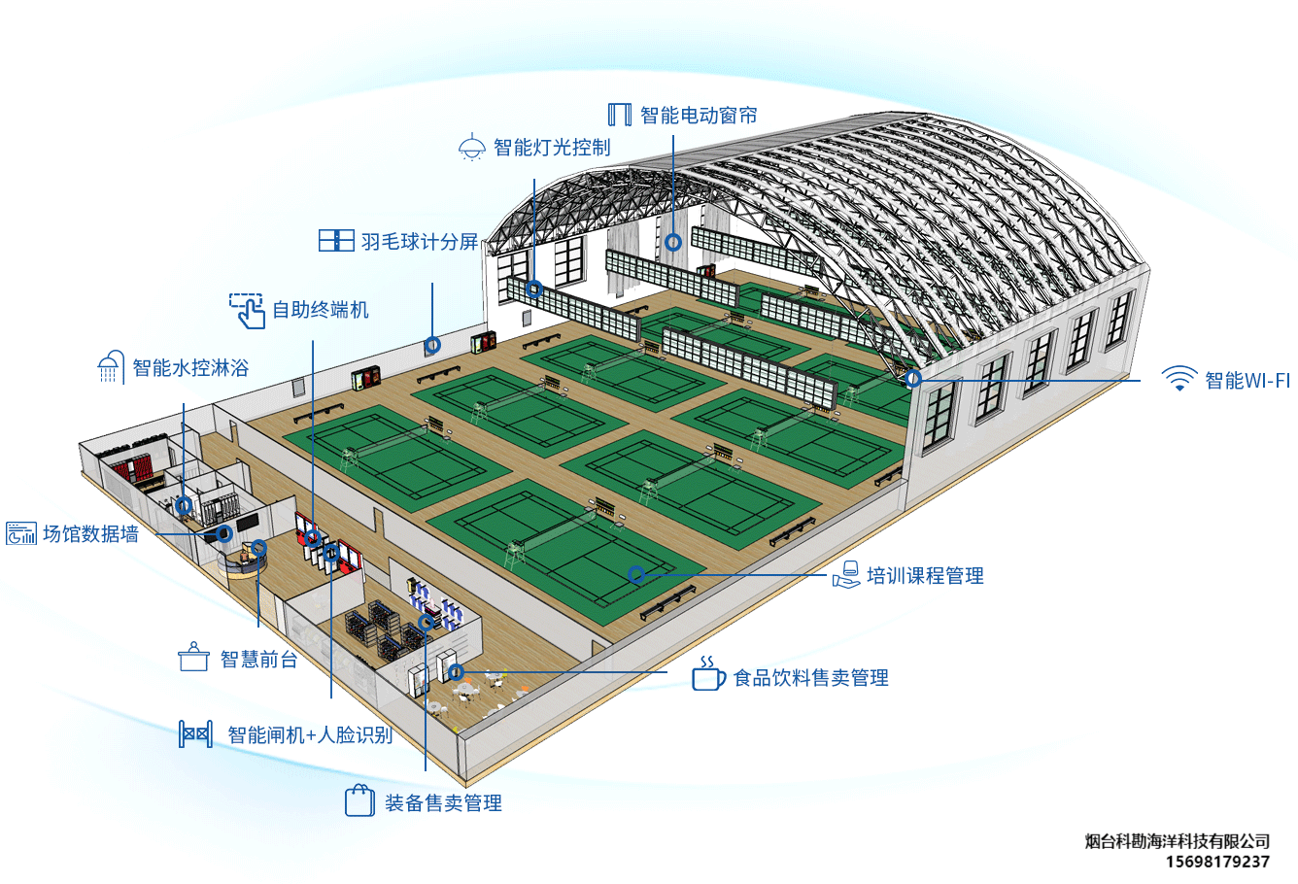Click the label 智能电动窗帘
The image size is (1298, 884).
[x=699, y=116]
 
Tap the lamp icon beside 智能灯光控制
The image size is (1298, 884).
[x=471, y=148]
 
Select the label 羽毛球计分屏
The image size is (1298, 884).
[x=420, y=242]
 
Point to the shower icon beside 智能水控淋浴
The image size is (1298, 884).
[x=110, y=367]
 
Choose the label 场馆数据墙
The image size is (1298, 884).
[x=90, y=533]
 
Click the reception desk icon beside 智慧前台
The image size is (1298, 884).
[x=194, y=658]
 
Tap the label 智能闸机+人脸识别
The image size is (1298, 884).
[x=310, y=734]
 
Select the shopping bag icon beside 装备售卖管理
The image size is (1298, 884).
[x=359, y=801]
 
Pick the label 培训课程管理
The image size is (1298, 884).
[x=925, y=576]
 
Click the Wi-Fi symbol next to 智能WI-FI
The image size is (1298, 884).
[x=1178, y=379]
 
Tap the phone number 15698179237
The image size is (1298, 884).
[x=1216, y=862]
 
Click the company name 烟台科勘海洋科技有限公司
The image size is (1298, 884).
[x=1177, y=841]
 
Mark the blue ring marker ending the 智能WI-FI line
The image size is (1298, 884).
[x=912, y=379]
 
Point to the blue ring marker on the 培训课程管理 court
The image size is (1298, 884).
[x=635, y=574]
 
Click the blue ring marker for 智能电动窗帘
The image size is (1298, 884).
[x=672, y=241]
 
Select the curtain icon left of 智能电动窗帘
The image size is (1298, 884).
[x=619, y=115]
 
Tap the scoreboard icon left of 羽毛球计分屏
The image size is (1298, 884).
[x=336, y=241]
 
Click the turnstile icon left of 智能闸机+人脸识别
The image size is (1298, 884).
[x=195, y=733]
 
